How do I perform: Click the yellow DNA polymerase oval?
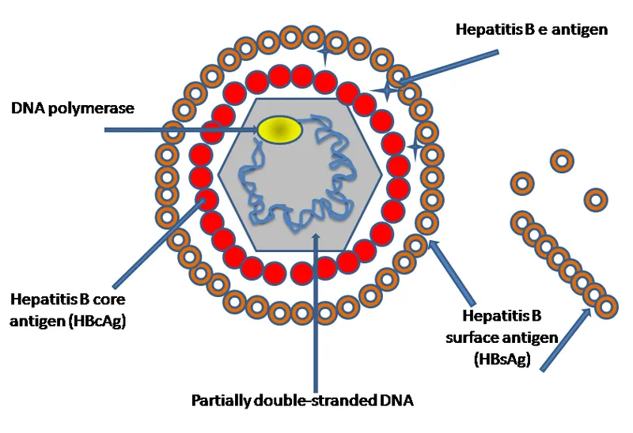click(280, 130)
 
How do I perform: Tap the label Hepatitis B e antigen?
click(531, 30)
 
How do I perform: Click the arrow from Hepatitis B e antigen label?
click(447, 66)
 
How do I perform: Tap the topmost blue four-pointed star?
click(323, 55)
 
